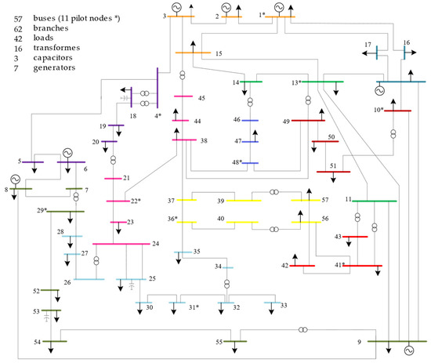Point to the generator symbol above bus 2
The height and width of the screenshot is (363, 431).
point(226,7)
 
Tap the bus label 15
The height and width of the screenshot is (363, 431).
point(218,53)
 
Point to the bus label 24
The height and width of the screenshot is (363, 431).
point(156,244)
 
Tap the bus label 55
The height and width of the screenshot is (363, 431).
point(221,342)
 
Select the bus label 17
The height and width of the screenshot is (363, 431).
point(367,45)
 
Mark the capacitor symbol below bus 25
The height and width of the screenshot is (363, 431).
point(131,288)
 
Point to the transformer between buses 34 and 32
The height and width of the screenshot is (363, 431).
point(226,283)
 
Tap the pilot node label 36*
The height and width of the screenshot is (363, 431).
point(172,218)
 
